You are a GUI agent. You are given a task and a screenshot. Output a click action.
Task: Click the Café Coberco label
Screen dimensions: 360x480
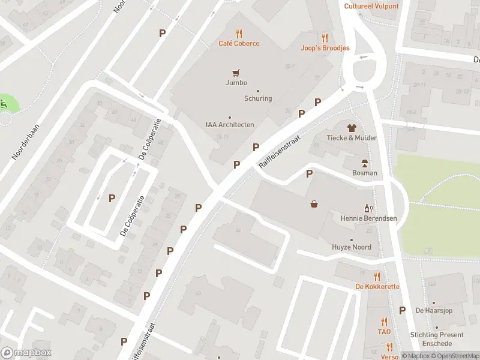(x=239, y=44)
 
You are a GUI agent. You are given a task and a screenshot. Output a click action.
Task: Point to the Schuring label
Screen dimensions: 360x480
(x=258, y=98)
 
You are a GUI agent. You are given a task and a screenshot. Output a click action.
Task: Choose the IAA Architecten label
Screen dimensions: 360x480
(x=230, y=125)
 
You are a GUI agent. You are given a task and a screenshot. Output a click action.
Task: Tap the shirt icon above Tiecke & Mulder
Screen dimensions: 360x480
(x=352, y=127)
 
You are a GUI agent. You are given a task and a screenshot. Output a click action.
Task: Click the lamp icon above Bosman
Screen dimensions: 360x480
(x=364, y=163)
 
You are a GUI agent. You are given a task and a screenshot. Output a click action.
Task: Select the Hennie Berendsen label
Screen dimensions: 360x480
(x=368, y=218)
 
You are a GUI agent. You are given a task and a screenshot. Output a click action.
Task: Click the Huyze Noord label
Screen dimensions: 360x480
(x=352, y=247)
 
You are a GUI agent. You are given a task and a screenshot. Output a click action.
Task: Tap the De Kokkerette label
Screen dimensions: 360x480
(x=377, y=287)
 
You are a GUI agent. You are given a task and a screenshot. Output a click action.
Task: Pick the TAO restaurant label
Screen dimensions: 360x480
(x=384, y=331)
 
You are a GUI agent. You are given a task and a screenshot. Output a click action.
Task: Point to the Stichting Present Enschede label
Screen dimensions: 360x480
(x=437, y=339)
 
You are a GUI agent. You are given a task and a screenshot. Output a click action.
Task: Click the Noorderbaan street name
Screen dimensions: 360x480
(x=25, y=143)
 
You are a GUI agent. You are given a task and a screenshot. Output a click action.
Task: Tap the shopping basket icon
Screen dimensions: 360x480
(x=314, y=204)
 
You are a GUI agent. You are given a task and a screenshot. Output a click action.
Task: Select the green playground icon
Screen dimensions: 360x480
(x=5, y=103)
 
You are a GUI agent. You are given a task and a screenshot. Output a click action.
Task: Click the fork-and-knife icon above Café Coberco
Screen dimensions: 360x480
(x=239, y=34)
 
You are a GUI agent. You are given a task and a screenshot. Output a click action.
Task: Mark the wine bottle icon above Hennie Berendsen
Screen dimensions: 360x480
(x=368, y=208)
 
